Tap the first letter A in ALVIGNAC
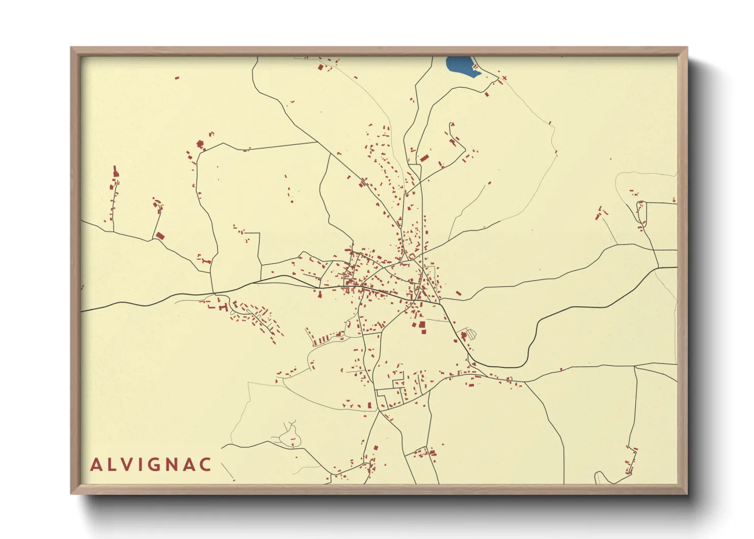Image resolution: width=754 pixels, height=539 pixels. [x=96, y=465]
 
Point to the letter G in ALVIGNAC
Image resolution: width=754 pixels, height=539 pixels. [x=154, y=465]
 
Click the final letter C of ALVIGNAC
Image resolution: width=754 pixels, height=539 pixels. [x=205, y=465]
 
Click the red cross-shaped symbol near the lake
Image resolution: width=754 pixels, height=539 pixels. [x=504, y=78]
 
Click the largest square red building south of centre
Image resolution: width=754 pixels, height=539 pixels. [x=422, y=325]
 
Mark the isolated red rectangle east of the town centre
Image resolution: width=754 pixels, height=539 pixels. [x=459, y=293]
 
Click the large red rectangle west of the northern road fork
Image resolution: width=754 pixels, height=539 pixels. [x=424, y=158]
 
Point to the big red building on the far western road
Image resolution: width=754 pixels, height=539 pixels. [x=160, y=235]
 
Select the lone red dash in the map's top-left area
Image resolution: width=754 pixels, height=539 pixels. [x=177, y=78]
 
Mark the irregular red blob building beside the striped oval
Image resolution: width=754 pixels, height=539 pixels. [x=463, y=335]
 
